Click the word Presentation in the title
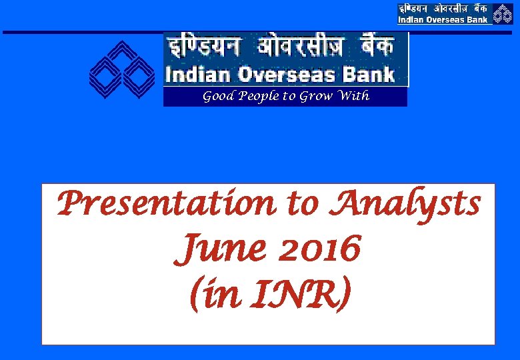(167, 204)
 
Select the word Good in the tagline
(217, 97)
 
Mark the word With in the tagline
(354, 96)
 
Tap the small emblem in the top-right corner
(503, 13)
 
